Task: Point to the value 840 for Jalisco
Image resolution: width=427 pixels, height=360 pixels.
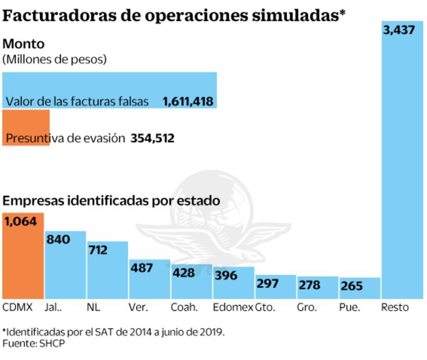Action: click(59, 239)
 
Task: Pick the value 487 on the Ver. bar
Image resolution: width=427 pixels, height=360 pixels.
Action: click(142, 268)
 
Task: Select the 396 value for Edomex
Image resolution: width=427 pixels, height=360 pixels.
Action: click(226, 275)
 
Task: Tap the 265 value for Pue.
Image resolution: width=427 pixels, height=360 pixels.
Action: click(352, 286)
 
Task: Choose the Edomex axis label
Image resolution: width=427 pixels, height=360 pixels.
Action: click(232, 307)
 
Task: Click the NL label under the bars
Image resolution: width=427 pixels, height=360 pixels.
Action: click(92, 307)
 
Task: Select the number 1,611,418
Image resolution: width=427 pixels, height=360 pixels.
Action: click(188, 102)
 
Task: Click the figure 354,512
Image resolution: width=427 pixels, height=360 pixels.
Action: click(153, 138)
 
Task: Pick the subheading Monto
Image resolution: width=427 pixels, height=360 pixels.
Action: click(24, 44)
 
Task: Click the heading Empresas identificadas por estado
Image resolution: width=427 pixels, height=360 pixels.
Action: click(112, 201)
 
